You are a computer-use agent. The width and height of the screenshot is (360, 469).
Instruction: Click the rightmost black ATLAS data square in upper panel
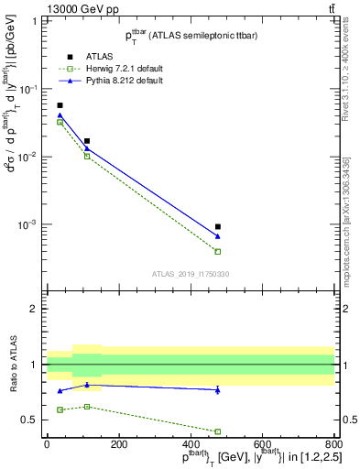click(x=218, y=226)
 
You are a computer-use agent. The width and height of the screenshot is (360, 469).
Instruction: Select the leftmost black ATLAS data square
click(x=60, y=105)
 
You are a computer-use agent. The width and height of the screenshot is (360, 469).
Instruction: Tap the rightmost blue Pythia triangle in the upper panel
click(x=218, y=236)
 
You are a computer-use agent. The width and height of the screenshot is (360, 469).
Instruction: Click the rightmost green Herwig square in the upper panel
click(x=218, y=251)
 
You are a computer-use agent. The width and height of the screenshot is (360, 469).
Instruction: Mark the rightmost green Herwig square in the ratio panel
click(x=218, y=431)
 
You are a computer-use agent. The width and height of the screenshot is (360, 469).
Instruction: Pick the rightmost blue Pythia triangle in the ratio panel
click(x=218, y=390)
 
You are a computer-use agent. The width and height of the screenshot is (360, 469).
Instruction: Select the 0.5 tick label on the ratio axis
click(x=30, y=420)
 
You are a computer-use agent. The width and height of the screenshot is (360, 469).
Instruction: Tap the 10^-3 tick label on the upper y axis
click(x=28, y=224)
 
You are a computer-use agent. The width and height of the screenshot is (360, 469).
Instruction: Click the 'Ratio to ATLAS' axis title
click(x=14, y=364)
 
